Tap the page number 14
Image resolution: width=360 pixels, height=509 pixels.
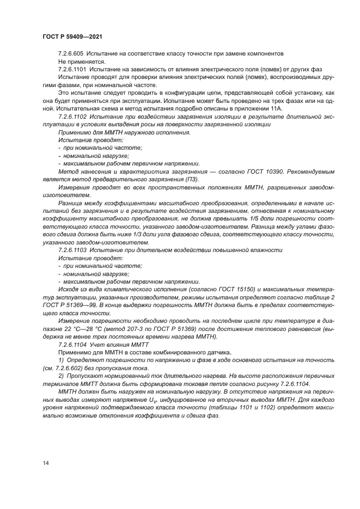[x=45, y=462]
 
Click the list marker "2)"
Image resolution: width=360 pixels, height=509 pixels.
[x=60, y=377]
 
